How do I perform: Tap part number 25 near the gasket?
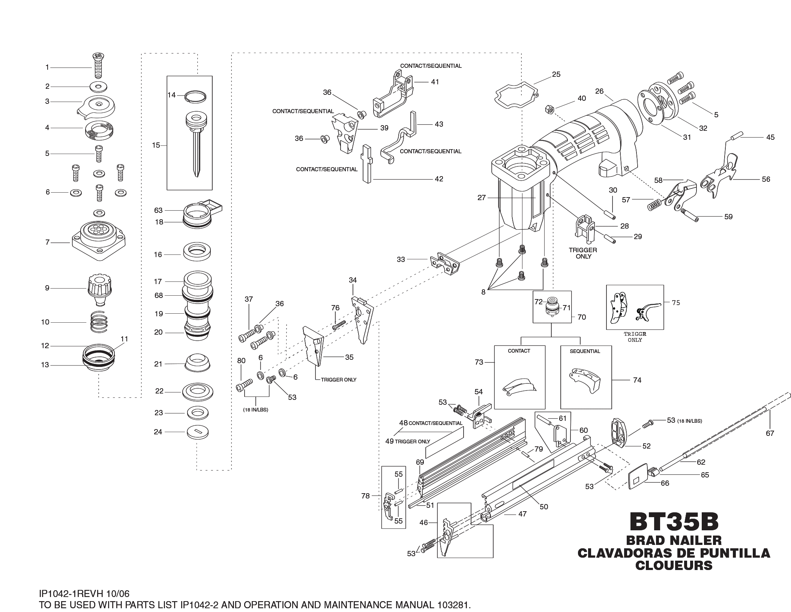point(556,74)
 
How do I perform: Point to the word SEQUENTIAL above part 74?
point(585,351)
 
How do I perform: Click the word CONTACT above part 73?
point(519,351)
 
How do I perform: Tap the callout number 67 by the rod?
point(770,433)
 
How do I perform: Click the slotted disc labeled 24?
point(198,433)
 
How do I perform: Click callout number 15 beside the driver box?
point(156,145)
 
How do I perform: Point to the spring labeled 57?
point(655,204)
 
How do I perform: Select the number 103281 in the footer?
point(449,605)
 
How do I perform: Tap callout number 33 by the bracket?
point(401,259)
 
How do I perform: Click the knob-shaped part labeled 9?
point(99,289)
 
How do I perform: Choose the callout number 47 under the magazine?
point(522,514)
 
